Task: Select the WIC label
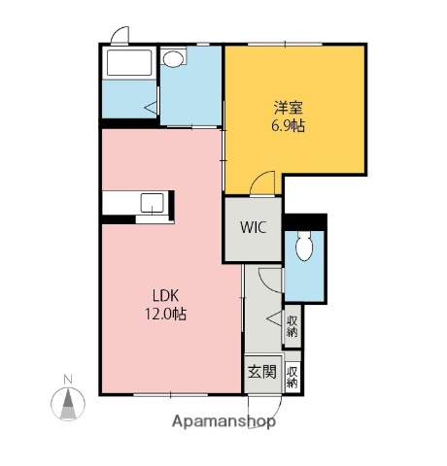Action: point(254,229)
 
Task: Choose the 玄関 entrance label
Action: point(259,372)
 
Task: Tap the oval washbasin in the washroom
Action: point(173,59)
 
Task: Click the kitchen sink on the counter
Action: point(153,202)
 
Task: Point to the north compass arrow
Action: point(67,403)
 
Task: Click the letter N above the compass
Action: point(67,378)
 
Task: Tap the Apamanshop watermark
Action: point(223,422)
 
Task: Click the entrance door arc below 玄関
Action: point(260,409)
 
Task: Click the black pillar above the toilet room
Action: point(305,221)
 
